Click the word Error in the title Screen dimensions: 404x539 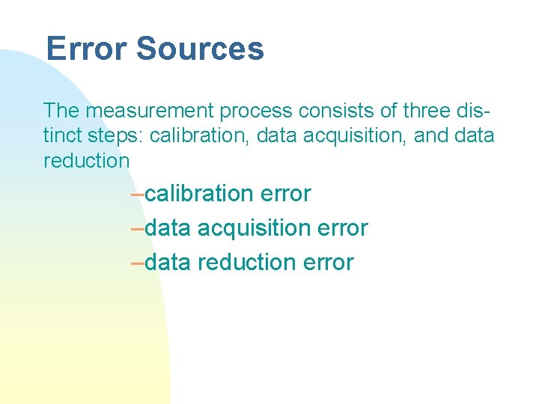click(x=86, y=49)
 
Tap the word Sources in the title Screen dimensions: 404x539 click(x=200, y=49)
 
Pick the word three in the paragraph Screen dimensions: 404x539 click(x=426, y=111)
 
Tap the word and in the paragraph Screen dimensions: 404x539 click(x=426, y=135)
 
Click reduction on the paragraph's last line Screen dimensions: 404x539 click(x=87, y=160)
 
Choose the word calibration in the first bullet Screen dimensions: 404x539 click(x=200, y=194)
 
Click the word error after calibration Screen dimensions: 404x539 click(x=286, y=194)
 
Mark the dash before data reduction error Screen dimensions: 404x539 click(x=136, y=263)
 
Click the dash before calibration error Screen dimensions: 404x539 click(x=136, y=194)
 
